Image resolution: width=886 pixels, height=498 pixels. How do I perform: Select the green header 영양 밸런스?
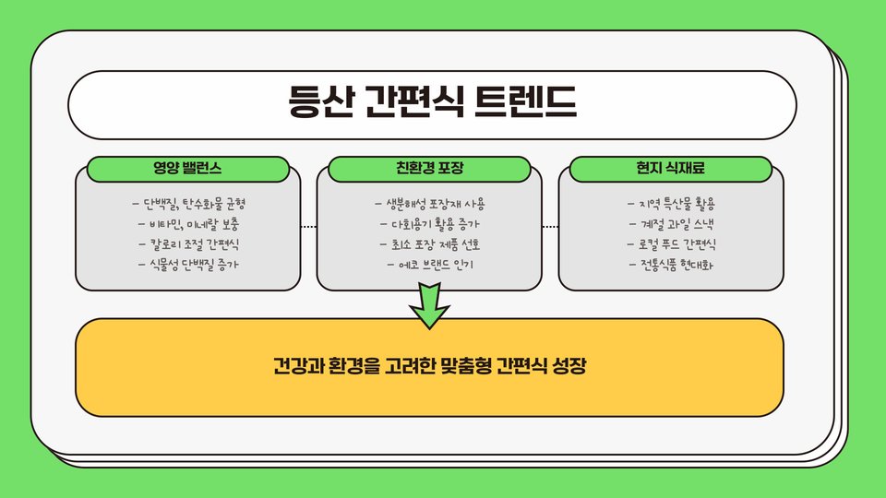(x=187, y=169)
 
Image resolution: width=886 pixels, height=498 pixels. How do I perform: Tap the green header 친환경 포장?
(x=429, y=169)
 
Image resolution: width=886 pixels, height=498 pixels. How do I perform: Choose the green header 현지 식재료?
(x=671, y=169)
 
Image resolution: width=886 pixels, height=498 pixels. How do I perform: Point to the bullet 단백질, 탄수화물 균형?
(x=189, y=202)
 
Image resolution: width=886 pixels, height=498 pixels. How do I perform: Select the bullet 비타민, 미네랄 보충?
(x=189, y=224)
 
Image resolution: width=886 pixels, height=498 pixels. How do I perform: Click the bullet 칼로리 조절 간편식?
(x=189, y=245)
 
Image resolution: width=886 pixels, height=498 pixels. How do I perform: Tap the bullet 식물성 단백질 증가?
(x=189, y=267)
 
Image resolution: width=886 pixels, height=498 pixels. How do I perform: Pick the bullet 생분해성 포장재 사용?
(x=430, y=202)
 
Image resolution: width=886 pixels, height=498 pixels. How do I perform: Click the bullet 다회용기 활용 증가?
(x=430, y=224)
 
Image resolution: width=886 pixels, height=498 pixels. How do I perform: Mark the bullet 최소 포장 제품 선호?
(x=430, y=245)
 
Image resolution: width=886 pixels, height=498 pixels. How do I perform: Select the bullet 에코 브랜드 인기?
(x=430, y=267)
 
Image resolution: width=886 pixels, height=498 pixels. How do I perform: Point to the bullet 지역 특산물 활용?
(x=672, y=202)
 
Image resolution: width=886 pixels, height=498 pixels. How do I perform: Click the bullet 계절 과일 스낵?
(x=672, y=224)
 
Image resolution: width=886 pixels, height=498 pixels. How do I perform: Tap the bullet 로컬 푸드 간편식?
(x=672, y=245)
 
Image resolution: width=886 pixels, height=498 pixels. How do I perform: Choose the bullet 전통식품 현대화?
(x=672, y=267)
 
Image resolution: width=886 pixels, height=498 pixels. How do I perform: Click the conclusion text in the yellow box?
(x=430, y=367)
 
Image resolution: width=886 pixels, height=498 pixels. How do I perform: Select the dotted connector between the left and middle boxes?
(x=308, y=226)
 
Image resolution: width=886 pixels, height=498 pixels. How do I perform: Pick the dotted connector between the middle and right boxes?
(x=550, y=226)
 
